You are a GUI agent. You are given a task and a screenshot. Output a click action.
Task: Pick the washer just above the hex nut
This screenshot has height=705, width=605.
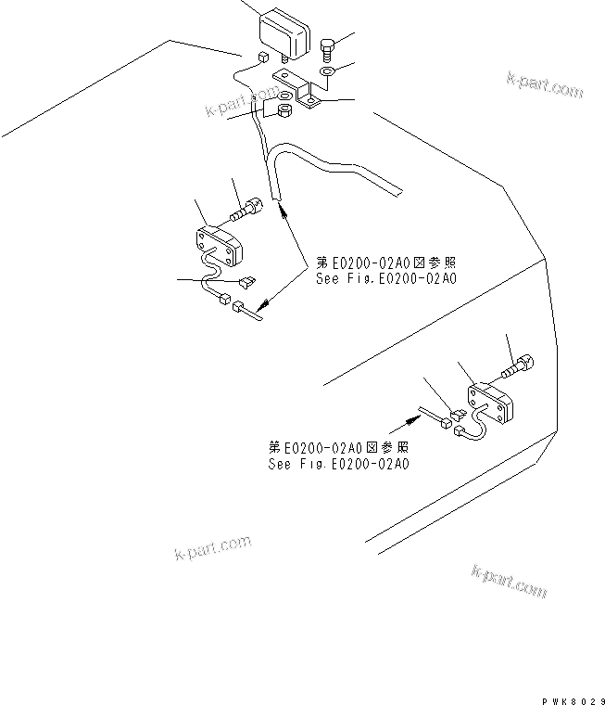tap(284, 96)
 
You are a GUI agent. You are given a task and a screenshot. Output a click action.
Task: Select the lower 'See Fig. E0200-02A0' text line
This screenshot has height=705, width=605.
tap(338, 464)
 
